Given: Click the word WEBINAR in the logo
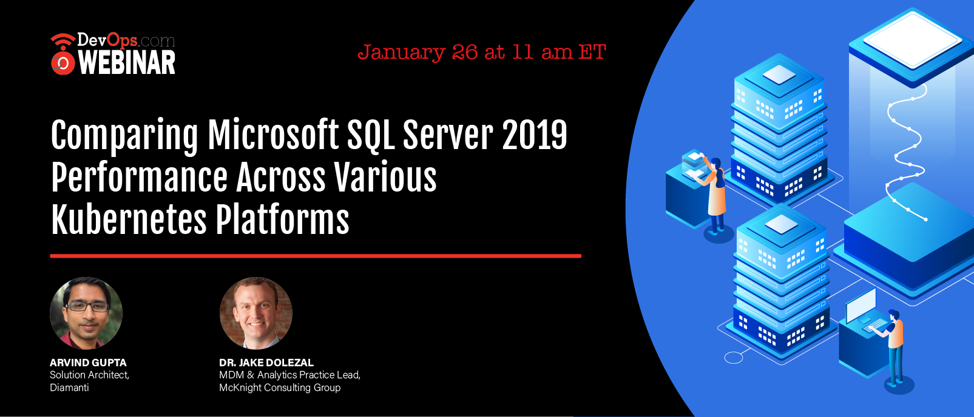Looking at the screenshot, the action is [127, 62].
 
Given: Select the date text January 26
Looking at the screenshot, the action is [417, 52].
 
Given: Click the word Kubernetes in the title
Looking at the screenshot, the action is [129, 219].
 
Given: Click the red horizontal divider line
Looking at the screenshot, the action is [316, 256].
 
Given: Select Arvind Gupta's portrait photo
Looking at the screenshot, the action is [86, 313].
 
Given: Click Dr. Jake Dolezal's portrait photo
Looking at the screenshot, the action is [255, 313].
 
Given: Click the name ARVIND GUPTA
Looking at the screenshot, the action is [88, 362].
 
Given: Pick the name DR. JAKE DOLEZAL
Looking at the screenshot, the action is [266, 362].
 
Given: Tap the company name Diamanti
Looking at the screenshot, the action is [69, 387].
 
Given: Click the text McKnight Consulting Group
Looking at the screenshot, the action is [280, 387].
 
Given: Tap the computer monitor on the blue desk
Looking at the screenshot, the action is [861, 305].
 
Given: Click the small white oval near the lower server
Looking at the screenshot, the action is [734, 358].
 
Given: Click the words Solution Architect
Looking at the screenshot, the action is [89, 375].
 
